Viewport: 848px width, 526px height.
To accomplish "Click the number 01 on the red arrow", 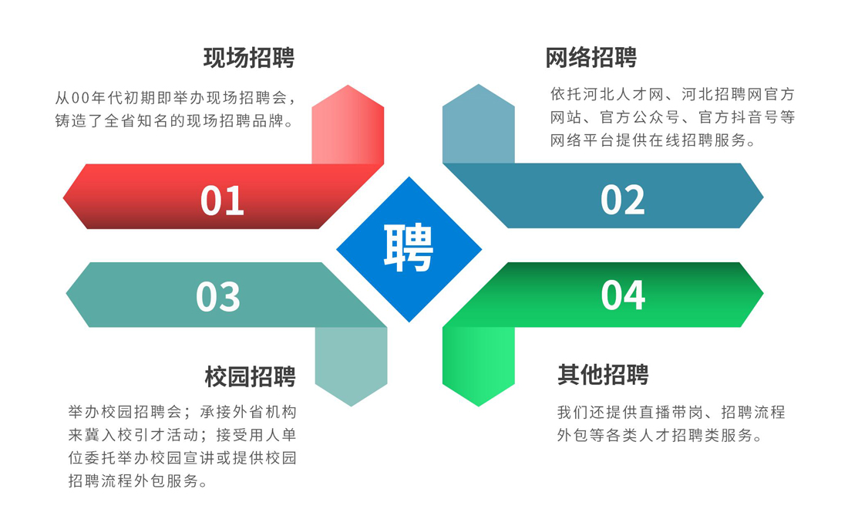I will pyautogui.click(x=222, y=200).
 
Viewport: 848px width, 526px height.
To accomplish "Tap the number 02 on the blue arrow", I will pyautogui.click(x=623, y=200).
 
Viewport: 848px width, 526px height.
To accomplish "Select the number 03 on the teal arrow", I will pyautogui.click(x=218, y=296).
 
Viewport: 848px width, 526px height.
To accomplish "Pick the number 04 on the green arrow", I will pyautogui.click(x=623, y=295).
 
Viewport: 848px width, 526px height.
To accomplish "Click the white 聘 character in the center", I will pyautogui.click(x=409, y=249).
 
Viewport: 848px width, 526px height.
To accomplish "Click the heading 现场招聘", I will pyautogui.click(x=249, y=58).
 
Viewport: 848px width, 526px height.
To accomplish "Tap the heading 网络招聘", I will pyautogui.click(x=591, y=58).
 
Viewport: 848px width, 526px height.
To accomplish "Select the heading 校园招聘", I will pyautogui.click(x=251, y=376).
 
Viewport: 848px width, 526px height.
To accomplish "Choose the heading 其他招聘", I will pyautogui.click(x=603, y=375).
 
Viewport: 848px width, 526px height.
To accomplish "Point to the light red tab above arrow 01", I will pyautogui.click(x=348, y=127).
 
